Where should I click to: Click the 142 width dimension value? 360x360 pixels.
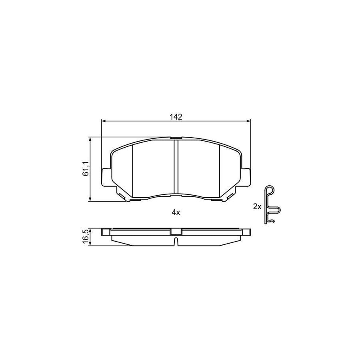pos(176,117)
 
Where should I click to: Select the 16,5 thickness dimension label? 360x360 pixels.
pos(85,236)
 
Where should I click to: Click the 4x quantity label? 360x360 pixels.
pos(176,213)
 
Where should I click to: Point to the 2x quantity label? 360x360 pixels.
pos(257,206)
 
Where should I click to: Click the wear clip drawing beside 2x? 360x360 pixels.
pos(272,206)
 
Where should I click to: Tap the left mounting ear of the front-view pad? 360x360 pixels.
pos(106,177)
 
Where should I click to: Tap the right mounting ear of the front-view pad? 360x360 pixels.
pos(246,177)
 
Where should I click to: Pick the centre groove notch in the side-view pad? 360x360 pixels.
pos(176,241)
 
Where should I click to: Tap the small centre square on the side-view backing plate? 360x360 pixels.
pos(176,231)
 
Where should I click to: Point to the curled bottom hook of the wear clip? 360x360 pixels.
pos(272,221)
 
